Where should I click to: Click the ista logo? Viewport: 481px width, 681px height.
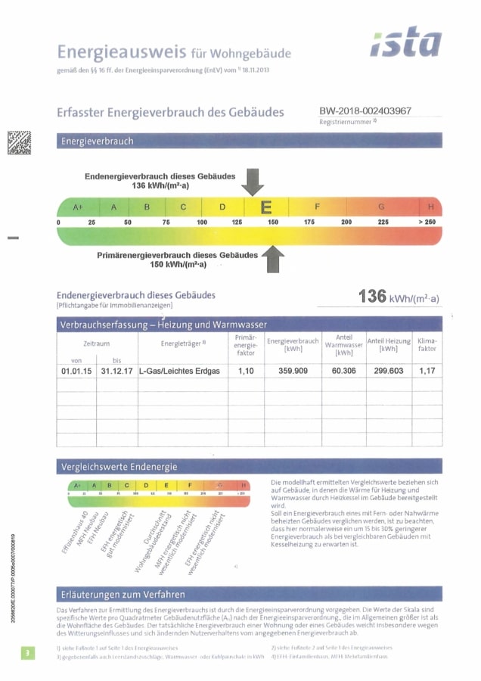pos(405,44)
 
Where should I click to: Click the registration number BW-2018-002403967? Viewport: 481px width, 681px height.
pos(365,110)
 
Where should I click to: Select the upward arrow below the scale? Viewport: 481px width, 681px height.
pos(271,260)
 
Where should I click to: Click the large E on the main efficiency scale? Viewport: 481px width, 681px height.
pos(266,207)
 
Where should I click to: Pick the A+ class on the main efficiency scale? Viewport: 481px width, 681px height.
pos(77,207)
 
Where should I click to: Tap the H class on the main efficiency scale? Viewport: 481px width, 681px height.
pos(430,207)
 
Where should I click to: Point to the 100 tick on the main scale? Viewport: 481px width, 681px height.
pos(202,222)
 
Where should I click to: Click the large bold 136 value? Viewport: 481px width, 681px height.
pos(373,296)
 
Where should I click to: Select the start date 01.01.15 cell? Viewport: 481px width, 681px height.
pos(76,372)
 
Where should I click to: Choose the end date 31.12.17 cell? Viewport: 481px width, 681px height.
pos(116,372)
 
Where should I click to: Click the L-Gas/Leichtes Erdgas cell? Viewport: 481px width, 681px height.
pos(179,372)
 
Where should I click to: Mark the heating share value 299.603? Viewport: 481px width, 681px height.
pos(389,371)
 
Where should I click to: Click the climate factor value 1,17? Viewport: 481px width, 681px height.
pos(427,371)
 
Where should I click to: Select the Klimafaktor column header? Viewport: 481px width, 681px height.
pos(427,344)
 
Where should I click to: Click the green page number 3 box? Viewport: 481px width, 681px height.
pos(27,652)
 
